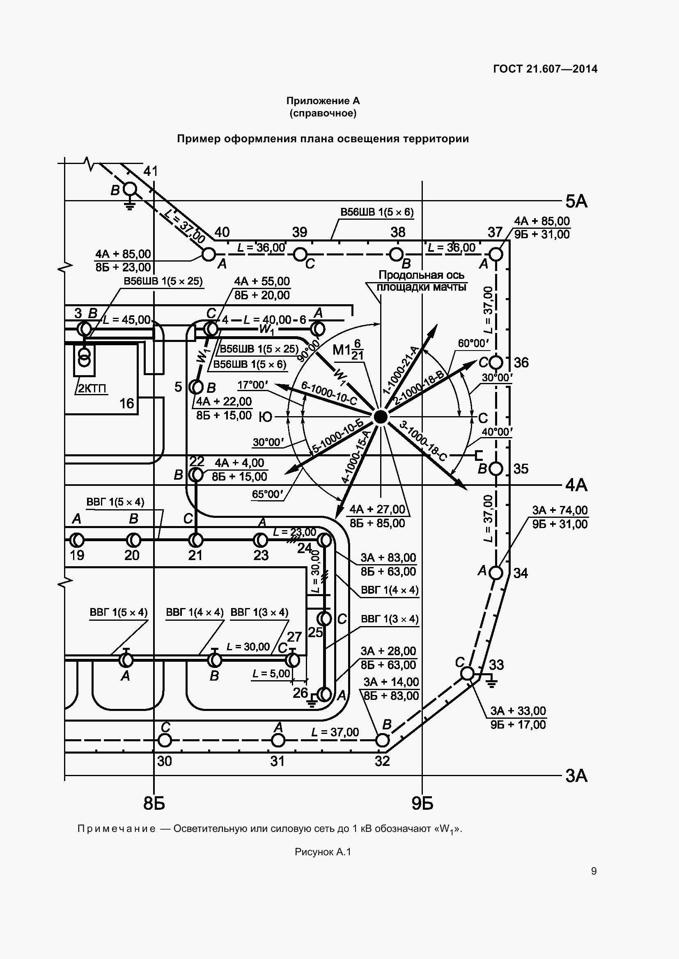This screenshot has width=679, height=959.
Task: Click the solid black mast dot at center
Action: tap(380, 417)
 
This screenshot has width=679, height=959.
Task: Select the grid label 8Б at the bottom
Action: tap(154, 803)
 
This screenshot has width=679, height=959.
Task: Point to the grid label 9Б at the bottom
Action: tap(422, 803)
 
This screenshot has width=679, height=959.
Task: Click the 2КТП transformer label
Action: tap(92, 388)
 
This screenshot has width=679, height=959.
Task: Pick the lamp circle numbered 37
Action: tap(495, 254)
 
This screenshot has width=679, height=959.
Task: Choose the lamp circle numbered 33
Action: tap(468, 673)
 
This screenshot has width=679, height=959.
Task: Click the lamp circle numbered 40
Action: tap(209, 254)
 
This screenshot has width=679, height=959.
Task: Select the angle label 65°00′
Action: tap(268, 494)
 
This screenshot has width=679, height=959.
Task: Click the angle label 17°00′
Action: tap(252, 385)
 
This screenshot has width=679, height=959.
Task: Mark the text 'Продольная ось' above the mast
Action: tap(421, 275)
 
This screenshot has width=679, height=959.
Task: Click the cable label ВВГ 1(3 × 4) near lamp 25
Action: tap(390, 619)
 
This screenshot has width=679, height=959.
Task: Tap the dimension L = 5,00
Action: tap(271, 674)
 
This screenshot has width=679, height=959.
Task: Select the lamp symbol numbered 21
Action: tap(195, 540)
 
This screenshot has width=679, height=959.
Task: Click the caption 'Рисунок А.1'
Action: tap(323, 852)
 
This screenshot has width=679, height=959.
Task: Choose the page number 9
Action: tap(594, 871)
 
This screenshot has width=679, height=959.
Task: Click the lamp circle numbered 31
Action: tap(278, 740)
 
